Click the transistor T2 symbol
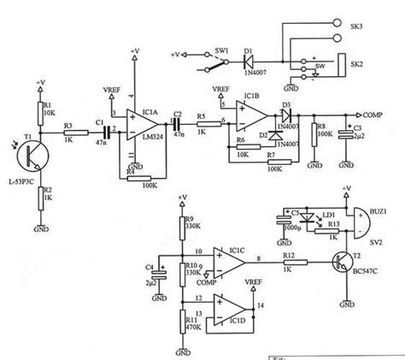(343, 263)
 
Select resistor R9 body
(183, 230)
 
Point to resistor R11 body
(183, 324)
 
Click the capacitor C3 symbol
(345, 134)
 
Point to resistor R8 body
(314, 134)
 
